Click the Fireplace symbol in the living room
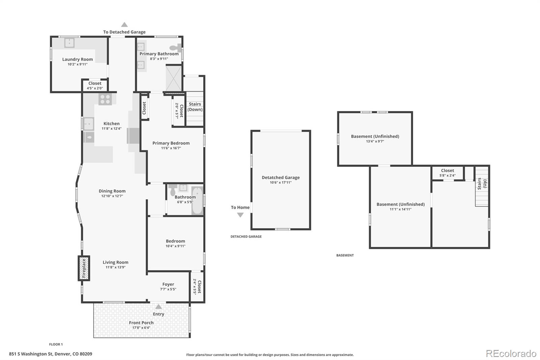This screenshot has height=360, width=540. (84, 268)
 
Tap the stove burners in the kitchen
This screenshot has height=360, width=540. (105, 99)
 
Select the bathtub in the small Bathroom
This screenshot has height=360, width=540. (197, 201)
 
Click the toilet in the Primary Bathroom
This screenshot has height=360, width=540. (175, 48)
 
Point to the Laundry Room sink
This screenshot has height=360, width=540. (70, 43)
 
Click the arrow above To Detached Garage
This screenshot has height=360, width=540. (125, 24)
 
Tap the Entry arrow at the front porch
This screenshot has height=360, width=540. (158, 306)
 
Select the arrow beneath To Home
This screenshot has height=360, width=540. (240, 215)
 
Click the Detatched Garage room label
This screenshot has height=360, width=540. (280, 177)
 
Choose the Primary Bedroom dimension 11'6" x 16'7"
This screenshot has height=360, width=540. (171, 148)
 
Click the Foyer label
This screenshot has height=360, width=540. (168, 284)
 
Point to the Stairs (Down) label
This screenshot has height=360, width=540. (195, 107)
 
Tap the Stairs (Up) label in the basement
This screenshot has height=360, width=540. (482, 184)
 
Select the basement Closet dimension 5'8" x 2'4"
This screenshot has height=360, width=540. (448, 175)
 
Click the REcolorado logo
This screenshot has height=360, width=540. (511, 354)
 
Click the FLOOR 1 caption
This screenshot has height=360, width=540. (56, 344)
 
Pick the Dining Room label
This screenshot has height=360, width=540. (112, 191)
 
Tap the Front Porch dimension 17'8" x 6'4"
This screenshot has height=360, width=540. (141, 328)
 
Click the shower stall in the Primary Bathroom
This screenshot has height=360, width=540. (173, 78)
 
